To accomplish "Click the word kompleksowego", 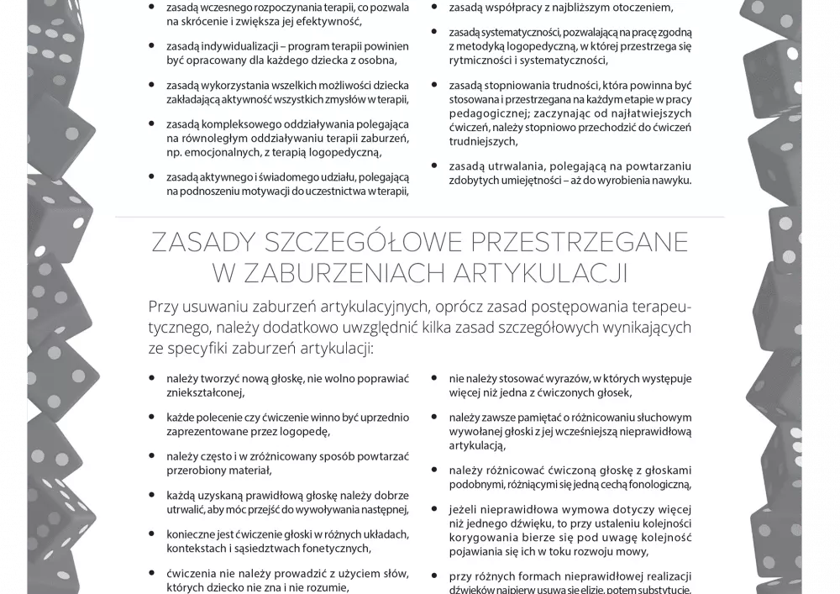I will pyautogui.click(x=242, y=124).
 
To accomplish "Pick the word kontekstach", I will pyautogui.click(x=195, y=549).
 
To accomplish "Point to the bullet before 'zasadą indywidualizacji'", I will pyautogui.click(x=150, y=46).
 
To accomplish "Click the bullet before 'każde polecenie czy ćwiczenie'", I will pyautogui.click(x=150, y=417).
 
